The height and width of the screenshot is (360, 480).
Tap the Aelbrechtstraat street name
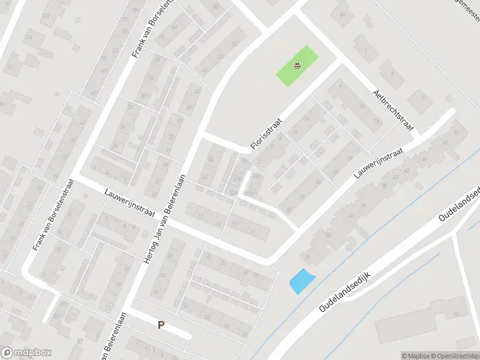pyautogui.click(x=393, y=108)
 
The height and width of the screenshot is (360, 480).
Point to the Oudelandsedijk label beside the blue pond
pyautogui.click(x=347, y=291)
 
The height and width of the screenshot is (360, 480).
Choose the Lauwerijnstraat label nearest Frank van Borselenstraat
pyautogui.click(x=130, y=203)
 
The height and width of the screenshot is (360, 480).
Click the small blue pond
pyautogui.click(x=301, y=281)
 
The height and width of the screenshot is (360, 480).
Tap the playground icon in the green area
pyautogui.click(x=296, y=66)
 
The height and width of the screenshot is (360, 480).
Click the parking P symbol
pyautogui.click(x=160, y=325)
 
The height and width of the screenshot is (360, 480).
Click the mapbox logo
pyautogui.click(x=26, y=352)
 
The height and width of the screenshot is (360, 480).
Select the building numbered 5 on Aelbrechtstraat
pyautogui.click(x=424, y=97)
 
